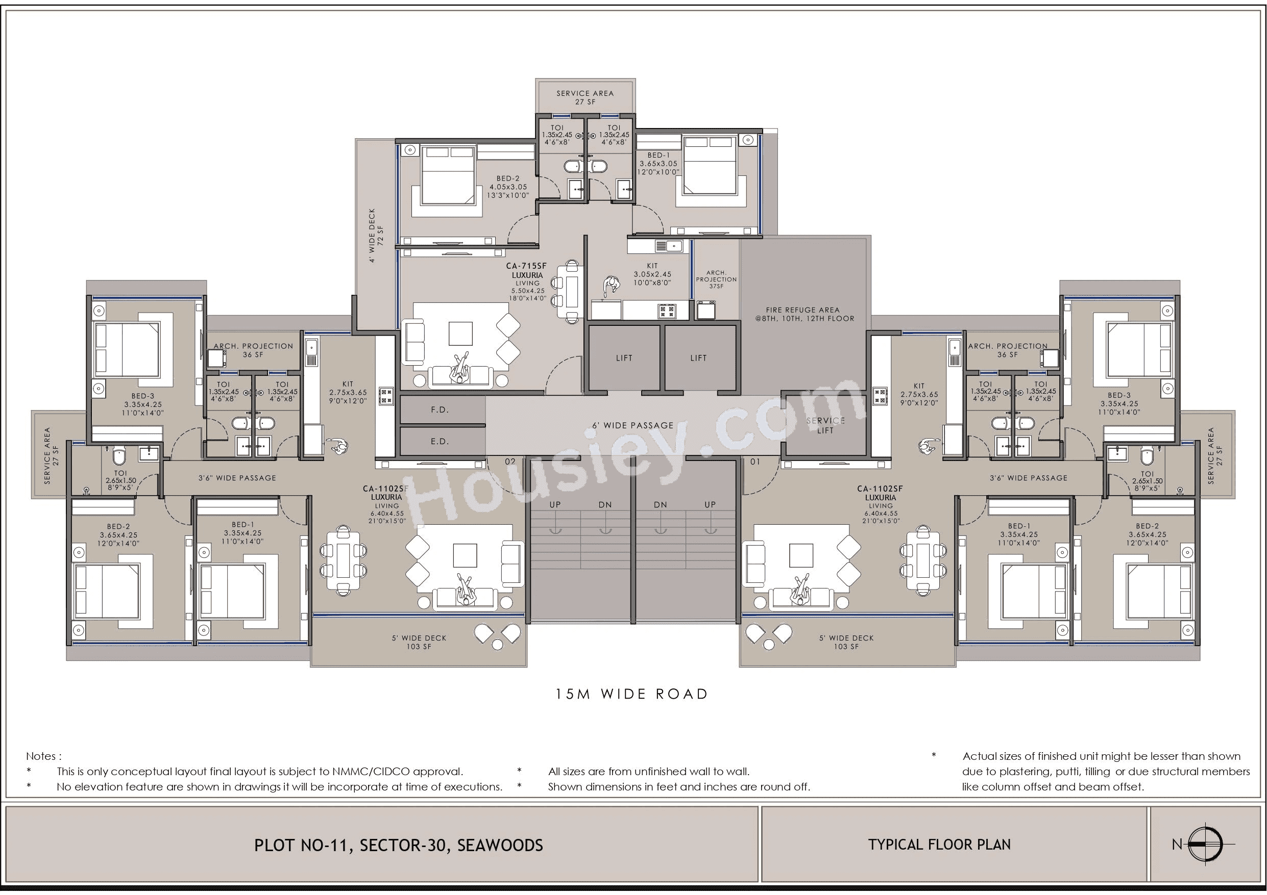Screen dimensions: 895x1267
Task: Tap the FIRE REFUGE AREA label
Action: click(x=805, y=314)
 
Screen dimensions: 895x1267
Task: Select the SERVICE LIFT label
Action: click(x=825, y=425)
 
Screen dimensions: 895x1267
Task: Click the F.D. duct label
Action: click(x=440, y=410)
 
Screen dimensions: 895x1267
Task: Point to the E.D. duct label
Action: click(x=440, y=441)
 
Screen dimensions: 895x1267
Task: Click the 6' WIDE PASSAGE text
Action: click(x=633, y=425)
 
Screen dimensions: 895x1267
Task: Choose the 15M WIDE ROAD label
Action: click(x=632, y=694)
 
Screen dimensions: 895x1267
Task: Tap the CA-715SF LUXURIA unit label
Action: click(x=527, y=270)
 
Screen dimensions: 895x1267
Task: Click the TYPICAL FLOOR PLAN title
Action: click(x=939, y=845)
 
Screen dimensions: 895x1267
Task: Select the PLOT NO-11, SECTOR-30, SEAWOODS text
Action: click(x=398, y=845)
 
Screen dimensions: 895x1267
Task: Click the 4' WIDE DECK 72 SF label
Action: click(x=376, y=235)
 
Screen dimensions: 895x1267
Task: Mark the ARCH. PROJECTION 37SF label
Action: click(x=716, y=279)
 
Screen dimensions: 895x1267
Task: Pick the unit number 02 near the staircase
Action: click(x=510, y=462)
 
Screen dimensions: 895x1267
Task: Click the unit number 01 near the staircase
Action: click(x=755, y=462)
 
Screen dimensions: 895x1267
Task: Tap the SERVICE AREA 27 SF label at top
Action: click(x=585, y=97)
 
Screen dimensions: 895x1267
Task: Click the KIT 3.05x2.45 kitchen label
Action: click(x=652, y=274)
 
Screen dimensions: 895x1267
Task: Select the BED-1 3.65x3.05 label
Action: click(x=658, y=163)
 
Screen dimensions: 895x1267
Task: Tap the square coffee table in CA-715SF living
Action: click(x=460, y=334)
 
